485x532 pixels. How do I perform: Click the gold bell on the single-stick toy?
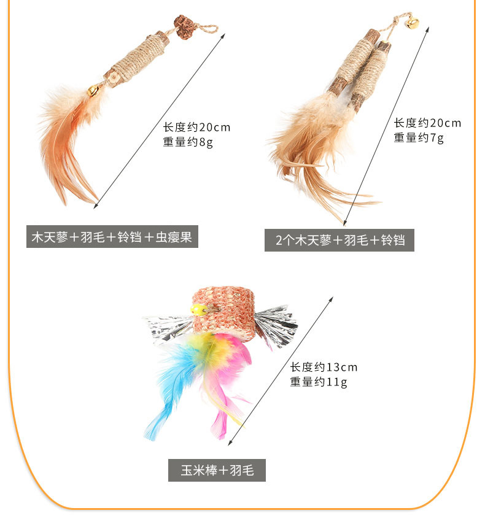point(93,90)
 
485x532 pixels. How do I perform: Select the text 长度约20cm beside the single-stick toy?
point(196,128)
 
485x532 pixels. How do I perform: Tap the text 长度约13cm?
point(324,368)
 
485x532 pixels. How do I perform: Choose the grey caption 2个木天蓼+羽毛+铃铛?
point(340,240)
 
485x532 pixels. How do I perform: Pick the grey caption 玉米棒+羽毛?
point(217,471)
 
